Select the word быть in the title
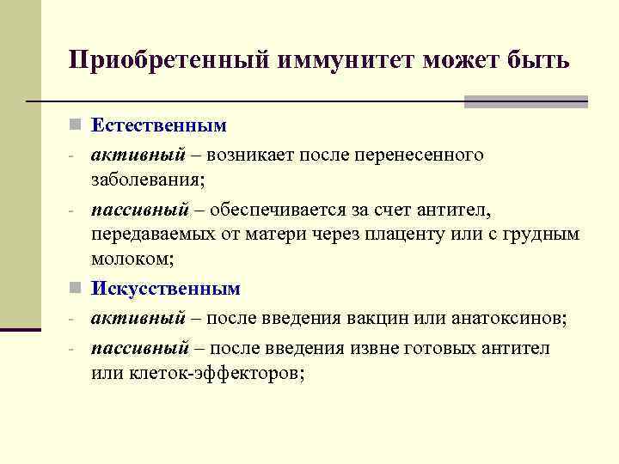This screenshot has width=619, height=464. coord(533,61)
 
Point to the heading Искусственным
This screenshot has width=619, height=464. coord(166,289)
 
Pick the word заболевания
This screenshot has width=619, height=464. coord(145,180)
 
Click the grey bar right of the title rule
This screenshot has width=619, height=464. coord(525,101)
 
